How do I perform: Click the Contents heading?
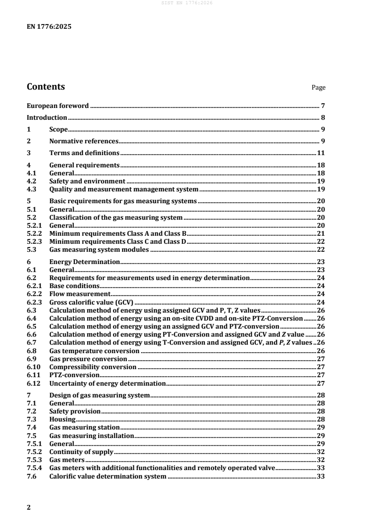pyautogui.click(x=46, y=87)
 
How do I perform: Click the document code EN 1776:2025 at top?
pyautogui.click(x=48, y=27)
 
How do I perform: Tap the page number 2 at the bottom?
pyautogui.click(x=29, y=507)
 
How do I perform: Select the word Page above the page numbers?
pyautogui.click(x=318, y=88)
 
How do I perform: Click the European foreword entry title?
pyautogui.click(x=58, y=106)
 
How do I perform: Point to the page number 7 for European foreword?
pyautogui.click(x=322, y=106)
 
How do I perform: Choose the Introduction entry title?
pyautogui.click(x=47, y=117)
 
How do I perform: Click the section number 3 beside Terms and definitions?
pyautogui.click(x=29, y=153)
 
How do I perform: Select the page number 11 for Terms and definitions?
pyautogui.click(x=320, y=153)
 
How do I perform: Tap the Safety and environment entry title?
pyautogui.click(x=87, y=181)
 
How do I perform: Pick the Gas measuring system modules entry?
pyautogui.click(x=99, y=249)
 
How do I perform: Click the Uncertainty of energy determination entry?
pyautogui.click(x=108, y=383)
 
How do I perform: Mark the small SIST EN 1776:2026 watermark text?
pyautogui.click(x=187, y=3)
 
